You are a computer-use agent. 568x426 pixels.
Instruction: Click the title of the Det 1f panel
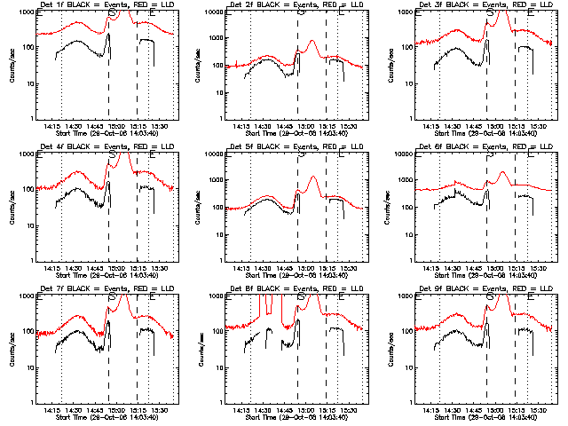100,5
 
